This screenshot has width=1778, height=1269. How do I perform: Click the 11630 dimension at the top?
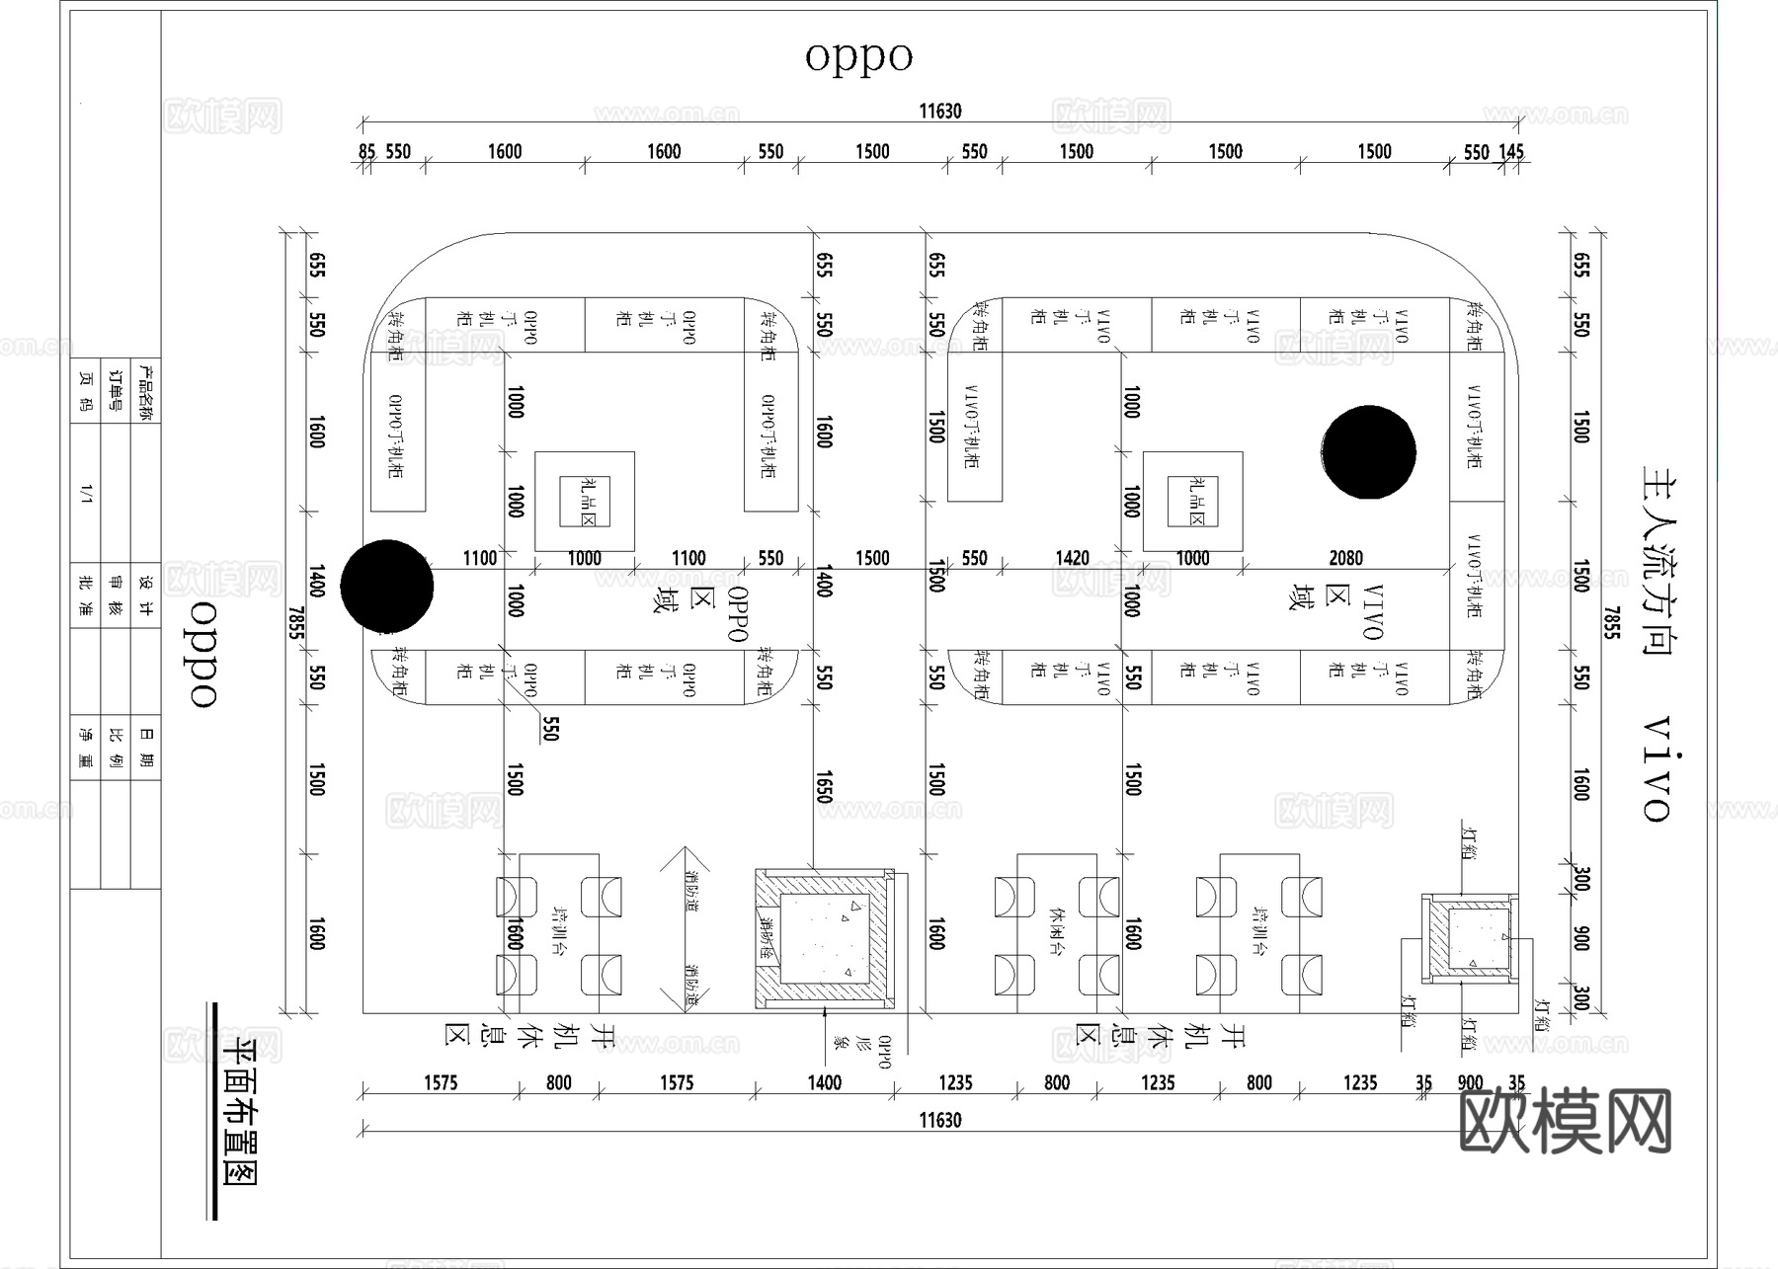pyautogui.click(x=939, y=111)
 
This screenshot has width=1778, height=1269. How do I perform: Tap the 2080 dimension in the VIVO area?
pyautogui.click(x=1345, y=558)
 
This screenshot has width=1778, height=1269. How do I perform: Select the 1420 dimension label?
pyautogui.click(x=1072, y=558)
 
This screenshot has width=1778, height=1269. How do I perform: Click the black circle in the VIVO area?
pyautogui.click(x=1368, y=452)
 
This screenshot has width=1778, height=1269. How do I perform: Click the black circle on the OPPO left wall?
pyautogui.click(x=387, y=586)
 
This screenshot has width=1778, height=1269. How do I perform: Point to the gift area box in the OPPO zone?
pyautogui.click(x=585, y=502)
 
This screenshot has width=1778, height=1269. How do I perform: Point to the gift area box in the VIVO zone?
pyautogui.click(x=1192, y=502)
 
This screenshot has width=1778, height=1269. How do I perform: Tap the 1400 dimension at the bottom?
pyautogui.click(x=824, y=1082)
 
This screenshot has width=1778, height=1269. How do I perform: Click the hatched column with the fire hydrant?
pyautogui.click(x=824, y=939)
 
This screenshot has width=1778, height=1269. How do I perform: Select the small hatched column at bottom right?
pyautogui.click(x=1470, y=938)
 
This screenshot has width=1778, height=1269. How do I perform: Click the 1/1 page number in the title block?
pyautogui.click(x=86, y=493)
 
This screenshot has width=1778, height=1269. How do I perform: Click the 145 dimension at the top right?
pyautogui.click(x=1511, y=151)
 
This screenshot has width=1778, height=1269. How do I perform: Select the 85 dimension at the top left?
pyautogui.click(x=366, y=151)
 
